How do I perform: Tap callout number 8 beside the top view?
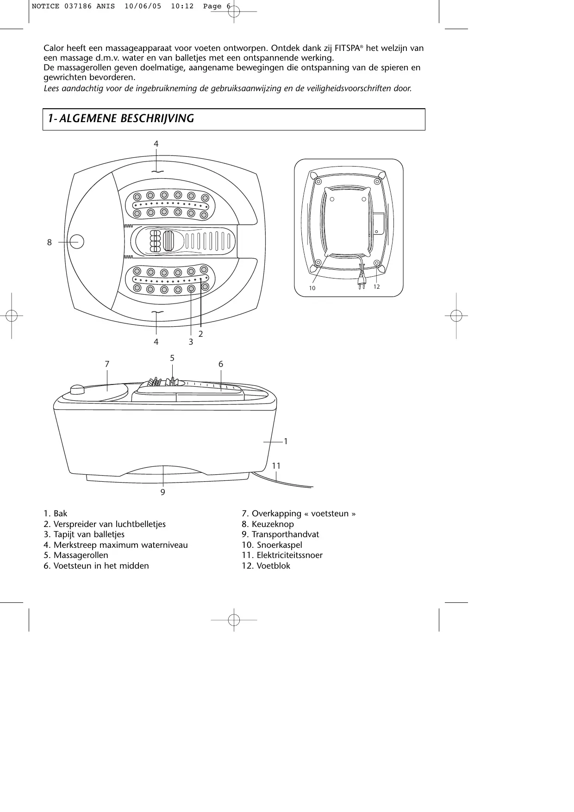click(x=50, y=242)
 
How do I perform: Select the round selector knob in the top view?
click(x=77, y=242)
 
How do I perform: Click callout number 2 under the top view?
click(x=201, y=333)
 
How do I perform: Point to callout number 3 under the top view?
click(x=191, y=342)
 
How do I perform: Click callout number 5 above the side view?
click(x=172, y=358)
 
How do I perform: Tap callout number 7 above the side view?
click(x=107, y=364)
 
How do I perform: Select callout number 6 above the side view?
click(x=221, y=364)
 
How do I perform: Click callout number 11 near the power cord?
click(x=276, y=466)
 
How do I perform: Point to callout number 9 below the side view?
click(x=162, y=492)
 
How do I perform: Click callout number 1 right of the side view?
click(x=286, y=441)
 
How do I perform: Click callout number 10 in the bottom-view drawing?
click(x=312, y=288)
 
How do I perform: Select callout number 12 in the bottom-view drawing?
click(x=376, y=287)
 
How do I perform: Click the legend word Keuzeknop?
click(x=273, y=524)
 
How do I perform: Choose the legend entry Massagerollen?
click(x=81, y=555)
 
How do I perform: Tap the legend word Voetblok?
click(x=273, y=565)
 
